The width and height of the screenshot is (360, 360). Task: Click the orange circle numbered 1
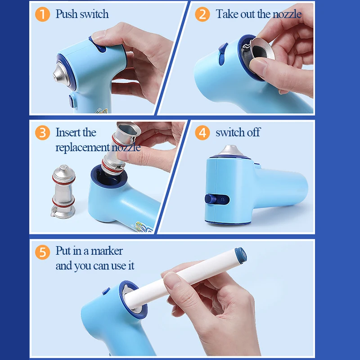click(42, 14)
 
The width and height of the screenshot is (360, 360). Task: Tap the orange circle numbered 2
click(202, 14)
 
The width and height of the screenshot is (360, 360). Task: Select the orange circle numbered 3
click(42, 133)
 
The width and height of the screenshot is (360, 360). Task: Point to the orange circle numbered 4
click(202, 133)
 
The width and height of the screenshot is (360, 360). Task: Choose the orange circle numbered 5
click(42, 252)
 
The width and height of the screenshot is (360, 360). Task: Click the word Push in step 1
click(66, 14)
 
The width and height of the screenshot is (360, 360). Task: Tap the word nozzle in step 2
click(287, 14)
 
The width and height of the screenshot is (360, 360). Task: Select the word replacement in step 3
click(83, 148)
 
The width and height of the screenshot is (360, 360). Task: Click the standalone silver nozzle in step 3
click(63, 192)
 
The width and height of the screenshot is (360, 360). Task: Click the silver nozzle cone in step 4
click(230, 150)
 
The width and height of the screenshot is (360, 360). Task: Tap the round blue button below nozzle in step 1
click(72, 101)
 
